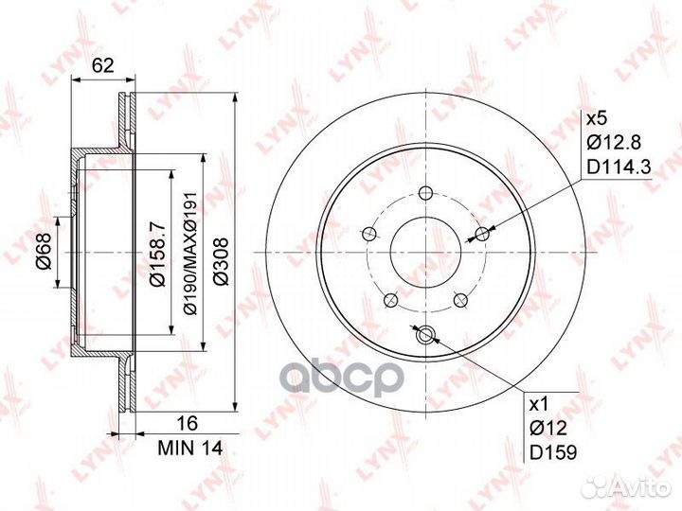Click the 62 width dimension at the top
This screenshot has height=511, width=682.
[103, 65]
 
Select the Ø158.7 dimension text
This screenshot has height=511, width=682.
[156, 254]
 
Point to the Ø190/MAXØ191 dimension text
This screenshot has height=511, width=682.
[191, 253]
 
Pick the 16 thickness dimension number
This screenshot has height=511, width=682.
[189, 422]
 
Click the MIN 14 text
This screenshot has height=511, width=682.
[190, 448]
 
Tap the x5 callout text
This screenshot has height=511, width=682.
[597, 118]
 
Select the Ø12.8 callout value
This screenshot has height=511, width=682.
[613, 142]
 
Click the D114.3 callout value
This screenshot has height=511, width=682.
[619, 167]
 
